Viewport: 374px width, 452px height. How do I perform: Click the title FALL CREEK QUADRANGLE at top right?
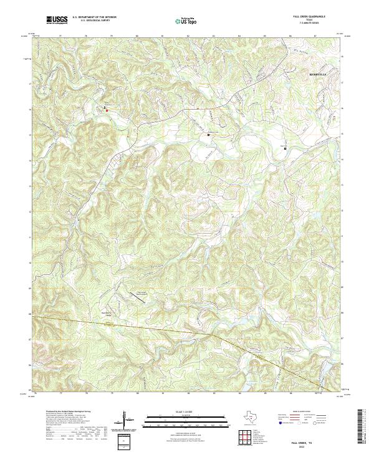click(x=312, y=16)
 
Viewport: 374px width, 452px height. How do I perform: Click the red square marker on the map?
click(x=107, y=111)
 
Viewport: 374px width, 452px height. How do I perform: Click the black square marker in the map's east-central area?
click(x=285, y=149)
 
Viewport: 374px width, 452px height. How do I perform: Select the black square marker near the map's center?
click(x=209, y=134)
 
